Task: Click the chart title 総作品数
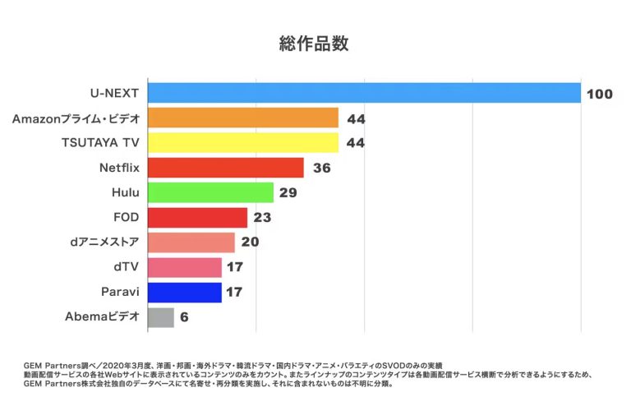pos(315,44)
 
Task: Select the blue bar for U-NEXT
pos(364,93)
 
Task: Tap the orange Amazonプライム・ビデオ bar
pos(242,118)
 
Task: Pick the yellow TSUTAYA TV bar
pos(242,143)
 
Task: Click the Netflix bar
pos(225,168)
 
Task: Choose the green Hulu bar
pos(210,192)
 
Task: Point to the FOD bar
pos(197,218)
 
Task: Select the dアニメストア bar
pos(191,242)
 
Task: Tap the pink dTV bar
pos(184,267)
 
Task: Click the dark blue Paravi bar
pos(184,292)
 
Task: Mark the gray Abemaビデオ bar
pos(161,317)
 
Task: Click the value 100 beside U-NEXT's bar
pos(599,94)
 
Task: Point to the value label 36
pos(321,168)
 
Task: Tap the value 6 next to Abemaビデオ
pos(184,317)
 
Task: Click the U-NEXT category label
pos(114,93)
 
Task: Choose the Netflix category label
pos(118,168)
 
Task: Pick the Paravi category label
pos(119,292)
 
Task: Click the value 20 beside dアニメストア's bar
pos(251,242)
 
